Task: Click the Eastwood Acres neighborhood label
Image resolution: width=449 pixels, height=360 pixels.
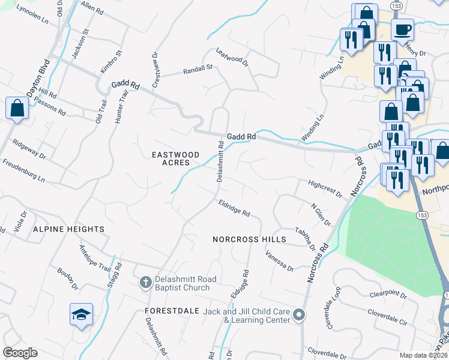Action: [x=171, y=158]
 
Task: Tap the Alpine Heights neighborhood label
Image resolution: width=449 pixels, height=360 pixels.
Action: [x=68, y=229]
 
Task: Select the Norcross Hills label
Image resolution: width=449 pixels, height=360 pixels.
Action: [x=249, y=239]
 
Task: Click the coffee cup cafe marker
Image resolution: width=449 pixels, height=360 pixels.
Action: [x=402, y=28]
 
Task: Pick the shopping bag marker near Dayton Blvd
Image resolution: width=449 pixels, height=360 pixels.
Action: [x=17, y=109]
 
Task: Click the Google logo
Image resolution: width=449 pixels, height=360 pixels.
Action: [x=20, y=353]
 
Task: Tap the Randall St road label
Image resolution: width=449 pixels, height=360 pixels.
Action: [x=198, y=70]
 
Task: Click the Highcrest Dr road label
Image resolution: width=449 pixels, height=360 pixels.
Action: [x=324, y=188]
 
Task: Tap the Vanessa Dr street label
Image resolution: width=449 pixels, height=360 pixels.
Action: [x=280, y=260]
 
